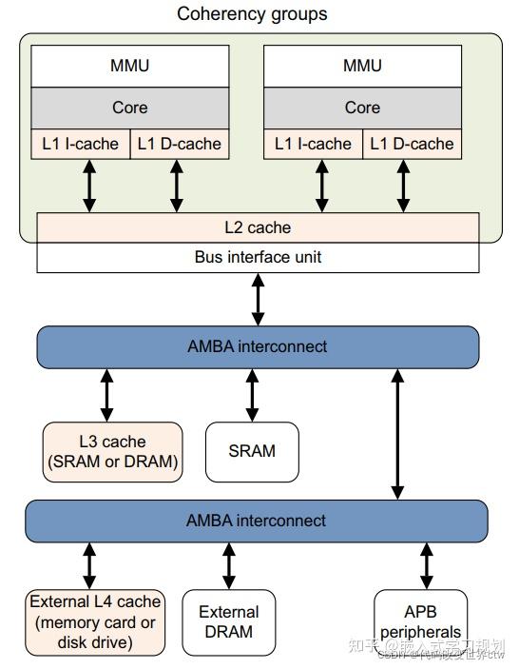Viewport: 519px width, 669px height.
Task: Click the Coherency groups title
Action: (252, 13)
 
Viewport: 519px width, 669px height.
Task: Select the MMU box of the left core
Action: (129, 66)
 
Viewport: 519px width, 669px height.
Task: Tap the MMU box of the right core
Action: (362, 66)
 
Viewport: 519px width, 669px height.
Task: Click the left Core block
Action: (129, 108)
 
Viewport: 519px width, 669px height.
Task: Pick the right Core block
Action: (362, 108)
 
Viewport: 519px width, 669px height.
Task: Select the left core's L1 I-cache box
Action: (81, 144)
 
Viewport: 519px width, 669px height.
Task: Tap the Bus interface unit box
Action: (258, 257)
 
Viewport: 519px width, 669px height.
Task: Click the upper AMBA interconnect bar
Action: (258, 346)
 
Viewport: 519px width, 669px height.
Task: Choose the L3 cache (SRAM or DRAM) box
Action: (112, 451)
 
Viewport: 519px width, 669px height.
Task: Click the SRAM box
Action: (252, 450)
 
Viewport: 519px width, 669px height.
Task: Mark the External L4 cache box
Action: (95, 622)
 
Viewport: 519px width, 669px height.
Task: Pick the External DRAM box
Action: (228, 622)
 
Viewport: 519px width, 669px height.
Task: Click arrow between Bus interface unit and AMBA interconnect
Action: (258, 299)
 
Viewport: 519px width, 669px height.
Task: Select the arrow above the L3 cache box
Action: (106, 395)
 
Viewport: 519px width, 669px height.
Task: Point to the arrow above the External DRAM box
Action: (229, 566)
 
